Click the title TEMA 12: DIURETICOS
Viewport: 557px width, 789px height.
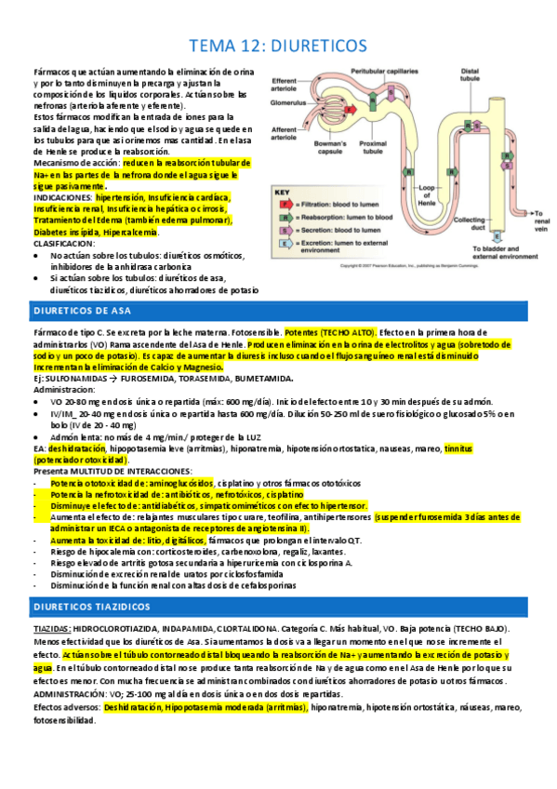tap(278, 46)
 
